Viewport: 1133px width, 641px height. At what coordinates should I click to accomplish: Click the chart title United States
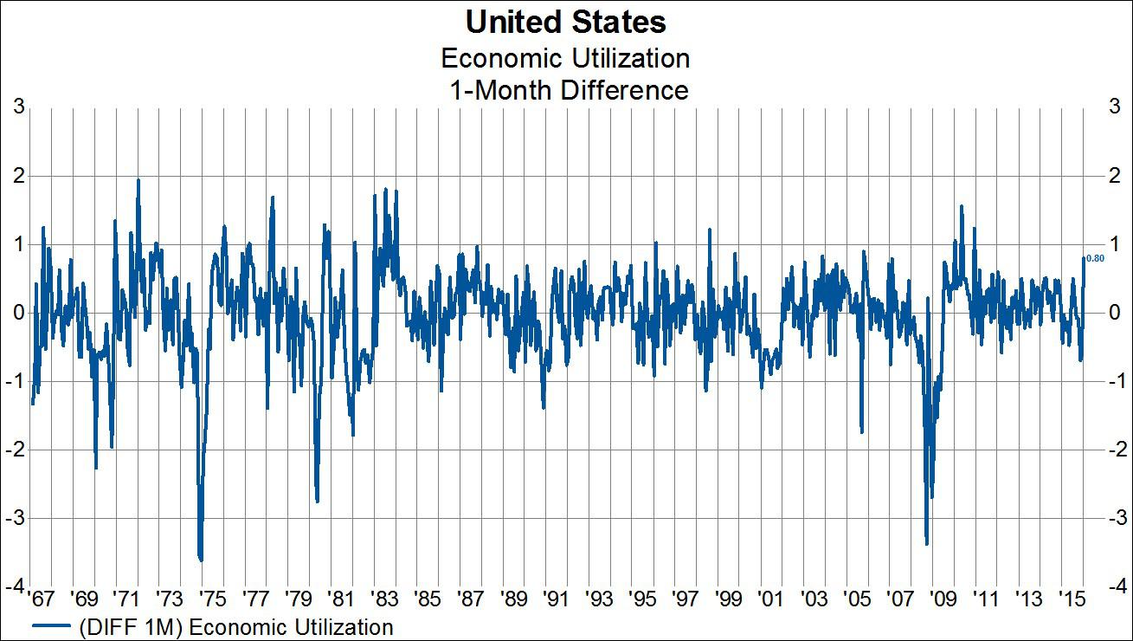[566, 21]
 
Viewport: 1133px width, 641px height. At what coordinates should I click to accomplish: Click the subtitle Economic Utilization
[565, 58]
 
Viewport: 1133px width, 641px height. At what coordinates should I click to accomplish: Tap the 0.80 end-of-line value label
[1095, 258]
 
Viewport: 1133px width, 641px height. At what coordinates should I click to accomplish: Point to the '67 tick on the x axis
[39, 599]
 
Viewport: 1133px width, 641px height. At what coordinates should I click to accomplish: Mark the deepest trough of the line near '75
[201, 560]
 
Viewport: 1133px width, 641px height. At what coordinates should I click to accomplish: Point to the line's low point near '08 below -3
[926, 544]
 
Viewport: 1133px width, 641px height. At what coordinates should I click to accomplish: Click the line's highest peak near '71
[138, 180]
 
